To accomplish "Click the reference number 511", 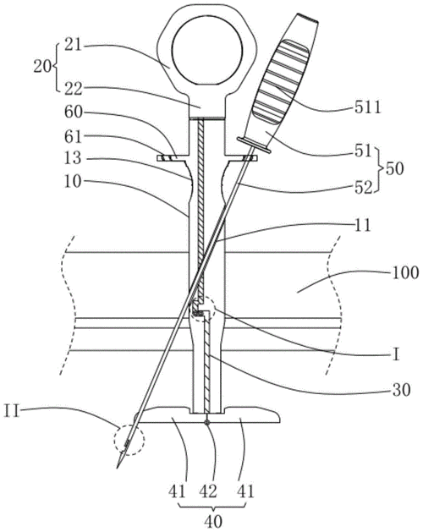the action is pos(368,108).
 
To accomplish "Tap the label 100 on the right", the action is pos(405,273).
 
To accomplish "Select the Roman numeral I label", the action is pos(395,355).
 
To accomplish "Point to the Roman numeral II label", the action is pos(12,413).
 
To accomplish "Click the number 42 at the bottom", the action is pos(208,491).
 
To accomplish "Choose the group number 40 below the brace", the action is pos(213,521).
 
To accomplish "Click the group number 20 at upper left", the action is pos(42,67).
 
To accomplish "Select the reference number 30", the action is pos(401,391).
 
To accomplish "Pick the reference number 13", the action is pos(73,158).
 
